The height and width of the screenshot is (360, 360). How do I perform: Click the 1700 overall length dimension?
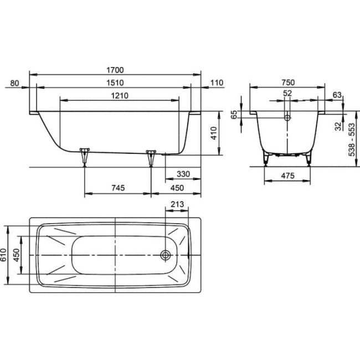[115, 70]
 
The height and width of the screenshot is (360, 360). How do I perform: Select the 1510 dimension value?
[115, 83]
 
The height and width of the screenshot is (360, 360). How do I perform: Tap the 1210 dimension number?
[120, 95]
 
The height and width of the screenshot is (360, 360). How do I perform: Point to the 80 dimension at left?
[14, 83]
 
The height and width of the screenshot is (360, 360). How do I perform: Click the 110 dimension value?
[217, 83]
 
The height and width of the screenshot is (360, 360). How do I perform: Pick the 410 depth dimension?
[214, 133]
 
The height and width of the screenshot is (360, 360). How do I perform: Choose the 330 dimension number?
[183, 174]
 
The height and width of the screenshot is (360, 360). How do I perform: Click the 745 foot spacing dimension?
[118, 188]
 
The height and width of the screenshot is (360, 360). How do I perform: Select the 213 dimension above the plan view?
[177, 204]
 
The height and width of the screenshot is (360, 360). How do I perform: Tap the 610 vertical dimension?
[3, 255]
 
